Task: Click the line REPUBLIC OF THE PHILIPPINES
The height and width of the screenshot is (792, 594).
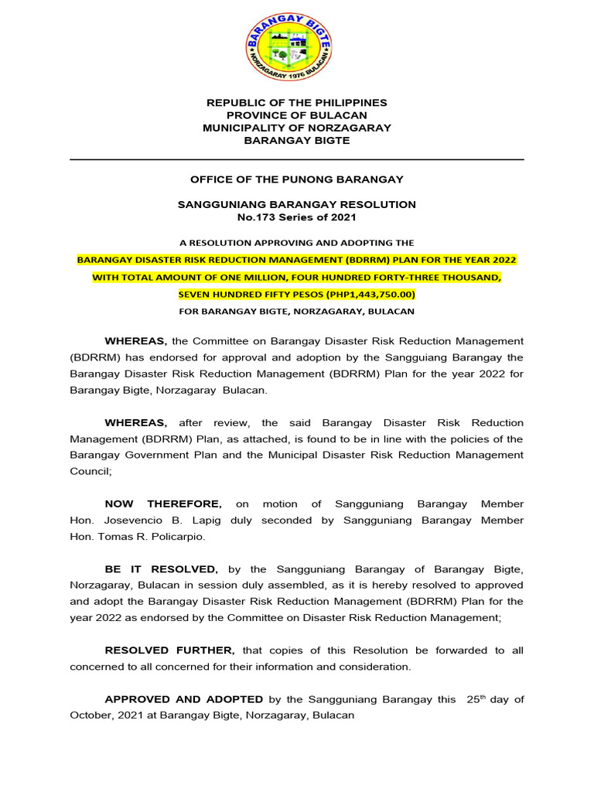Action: tap(296, 103)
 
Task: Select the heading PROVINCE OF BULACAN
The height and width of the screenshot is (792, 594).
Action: tap(296, 115)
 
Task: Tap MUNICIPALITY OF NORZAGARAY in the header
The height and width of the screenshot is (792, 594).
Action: tap(296, 128)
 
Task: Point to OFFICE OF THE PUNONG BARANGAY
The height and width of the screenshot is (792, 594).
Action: tap(296, 179)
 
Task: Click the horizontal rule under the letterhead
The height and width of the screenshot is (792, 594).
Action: tap(296, 159)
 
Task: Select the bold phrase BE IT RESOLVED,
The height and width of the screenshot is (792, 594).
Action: tap(161, 568)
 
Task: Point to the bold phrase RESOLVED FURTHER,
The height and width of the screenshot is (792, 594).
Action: tap(169, 650)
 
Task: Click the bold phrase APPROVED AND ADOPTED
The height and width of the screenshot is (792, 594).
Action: tap(184, 699)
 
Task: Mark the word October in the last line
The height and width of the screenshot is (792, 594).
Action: tap(90, 715)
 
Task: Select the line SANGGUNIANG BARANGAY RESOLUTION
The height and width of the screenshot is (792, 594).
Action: tap(296, 204)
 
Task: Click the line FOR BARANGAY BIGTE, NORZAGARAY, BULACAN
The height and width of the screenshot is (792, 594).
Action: tap(296, 311)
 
